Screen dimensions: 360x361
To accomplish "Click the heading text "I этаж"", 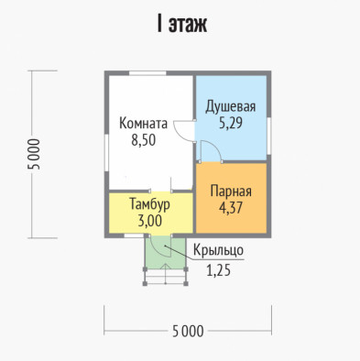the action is point(182,25).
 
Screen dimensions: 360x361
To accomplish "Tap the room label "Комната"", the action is point(143,124).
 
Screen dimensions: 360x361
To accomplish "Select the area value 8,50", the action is point(144,140).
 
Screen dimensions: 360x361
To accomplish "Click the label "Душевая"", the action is point(231,107).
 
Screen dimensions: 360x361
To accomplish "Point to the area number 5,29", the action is point(231,123).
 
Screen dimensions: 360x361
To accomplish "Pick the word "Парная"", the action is point(231,191).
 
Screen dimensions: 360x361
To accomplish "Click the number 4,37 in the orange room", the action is point(231,208).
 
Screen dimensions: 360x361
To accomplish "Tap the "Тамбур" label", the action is point(149,204).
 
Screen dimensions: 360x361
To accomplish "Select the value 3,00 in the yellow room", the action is point(149,221).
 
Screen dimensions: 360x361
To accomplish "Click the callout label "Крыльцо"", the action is point(218,250).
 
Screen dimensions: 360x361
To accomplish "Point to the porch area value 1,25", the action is point(218,270).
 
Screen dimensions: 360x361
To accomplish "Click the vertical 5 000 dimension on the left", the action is point(34,154).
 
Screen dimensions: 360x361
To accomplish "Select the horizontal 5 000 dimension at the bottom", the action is point(188,331).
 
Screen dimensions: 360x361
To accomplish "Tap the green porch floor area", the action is point(166,253).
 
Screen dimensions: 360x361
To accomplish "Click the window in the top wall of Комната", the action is point(147,73).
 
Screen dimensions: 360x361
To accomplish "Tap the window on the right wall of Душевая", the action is point(268,136).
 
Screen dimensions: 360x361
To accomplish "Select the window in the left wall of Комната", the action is point(106,153).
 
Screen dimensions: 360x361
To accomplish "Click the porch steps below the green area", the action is point(166,277).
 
